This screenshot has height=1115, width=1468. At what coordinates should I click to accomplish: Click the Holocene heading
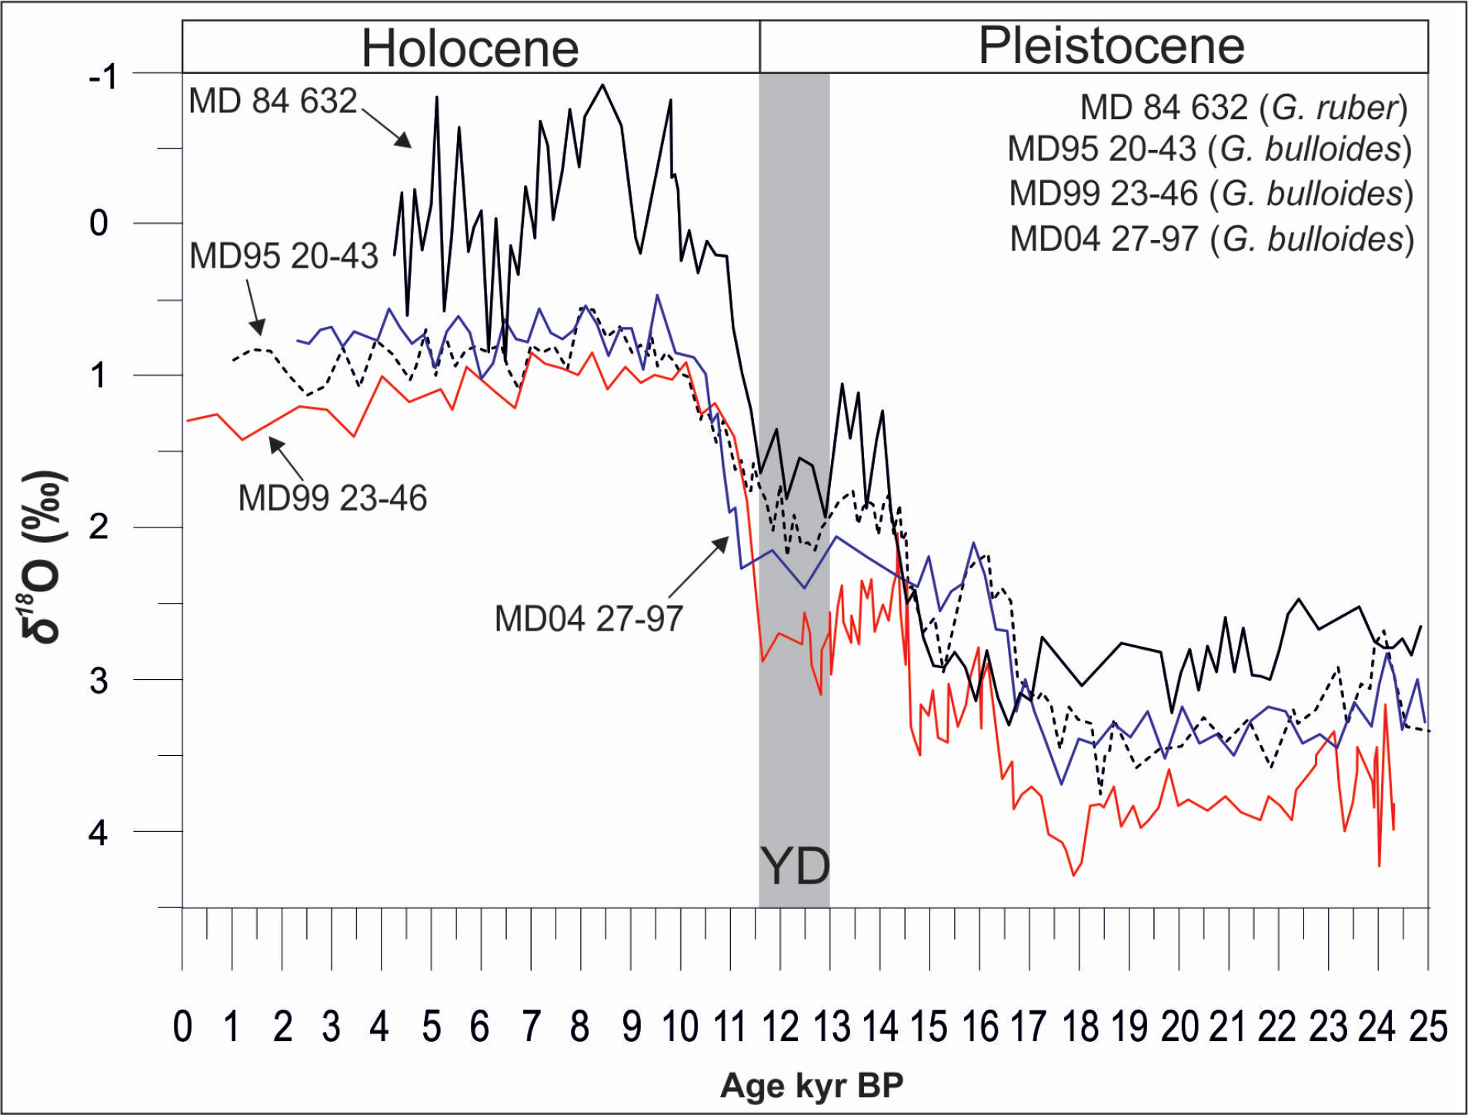click(x=469, y=48)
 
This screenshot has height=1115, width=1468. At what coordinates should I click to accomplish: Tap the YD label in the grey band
click(x=795, y=867)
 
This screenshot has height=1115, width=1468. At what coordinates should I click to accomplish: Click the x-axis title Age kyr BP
click(x=812, y=1086)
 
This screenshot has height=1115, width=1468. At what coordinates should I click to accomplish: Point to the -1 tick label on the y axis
click(x=102, y=77)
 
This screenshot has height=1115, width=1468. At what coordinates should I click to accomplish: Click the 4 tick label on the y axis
click(x=98, y=832)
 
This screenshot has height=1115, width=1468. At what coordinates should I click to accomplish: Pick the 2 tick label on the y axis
click(x=98, y=528)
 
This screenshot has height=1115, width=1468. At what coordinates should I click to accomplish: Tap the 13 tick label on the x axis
click(x=831, y=1027)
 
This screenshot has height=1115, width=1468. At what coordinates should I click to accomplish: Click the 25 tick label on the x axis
click(x=1428, y=1027)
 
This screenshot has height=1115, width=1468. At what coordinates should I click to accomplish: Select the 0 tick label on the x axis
click(x=182, y=1027)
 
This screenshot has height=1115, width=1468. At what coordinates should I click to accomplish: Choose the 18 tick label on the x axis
click(x=1080, y=1027)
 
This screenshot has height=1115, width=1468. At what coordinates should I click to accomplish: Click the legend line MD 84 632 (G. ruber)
click(x=1243, y=107)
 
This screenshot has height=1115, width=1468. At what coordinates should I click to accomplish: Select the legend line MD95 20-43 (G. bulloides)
click(x=1209, y=149)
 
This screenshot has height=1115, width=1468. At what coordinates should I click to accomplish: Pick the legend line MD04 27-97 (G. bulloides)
click(x=1211, y=238)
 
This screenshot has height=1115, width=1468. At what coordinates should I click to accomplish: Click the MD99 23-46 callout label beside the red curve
click(x=332, y=498)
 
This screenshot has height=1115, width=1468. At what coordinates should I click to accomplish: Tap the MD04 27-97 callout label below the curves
click(x=589, y=618)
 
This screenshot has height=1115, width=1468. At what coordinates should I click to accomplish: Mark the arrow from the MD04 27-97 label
click(x=699, y=567)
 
